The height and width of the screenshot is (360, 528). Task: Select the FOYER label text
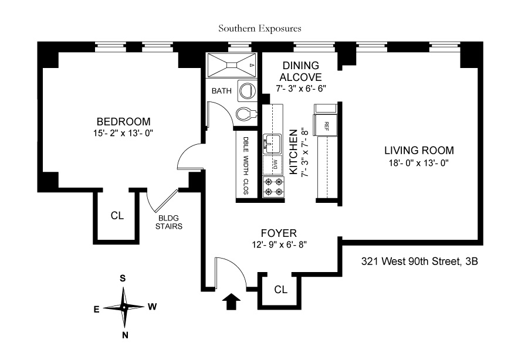tap(280, 232)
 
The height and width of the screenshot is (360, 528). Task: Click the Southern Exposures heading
tap(259, 28)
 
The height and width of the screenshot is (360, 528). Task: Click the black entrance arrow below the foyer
tap(232, 301)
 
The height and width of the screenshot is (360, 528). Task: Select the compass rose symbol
tap(124, 307)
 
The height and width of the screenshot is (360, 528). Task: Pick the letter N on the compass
tap(124, 335)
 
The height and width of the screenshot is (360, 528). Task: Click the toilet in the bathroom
tap(246, 114)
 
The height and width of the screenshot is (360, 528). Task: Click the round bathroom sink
tap(246, 90)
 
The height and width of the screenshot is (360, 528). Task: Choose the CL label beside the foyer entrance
tap(280, 289)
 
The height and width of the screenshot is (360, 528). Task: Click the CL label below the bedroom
tap(117, 215)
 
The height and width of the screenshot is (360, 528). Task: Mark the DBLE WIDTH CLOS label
tap(246, 166)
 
